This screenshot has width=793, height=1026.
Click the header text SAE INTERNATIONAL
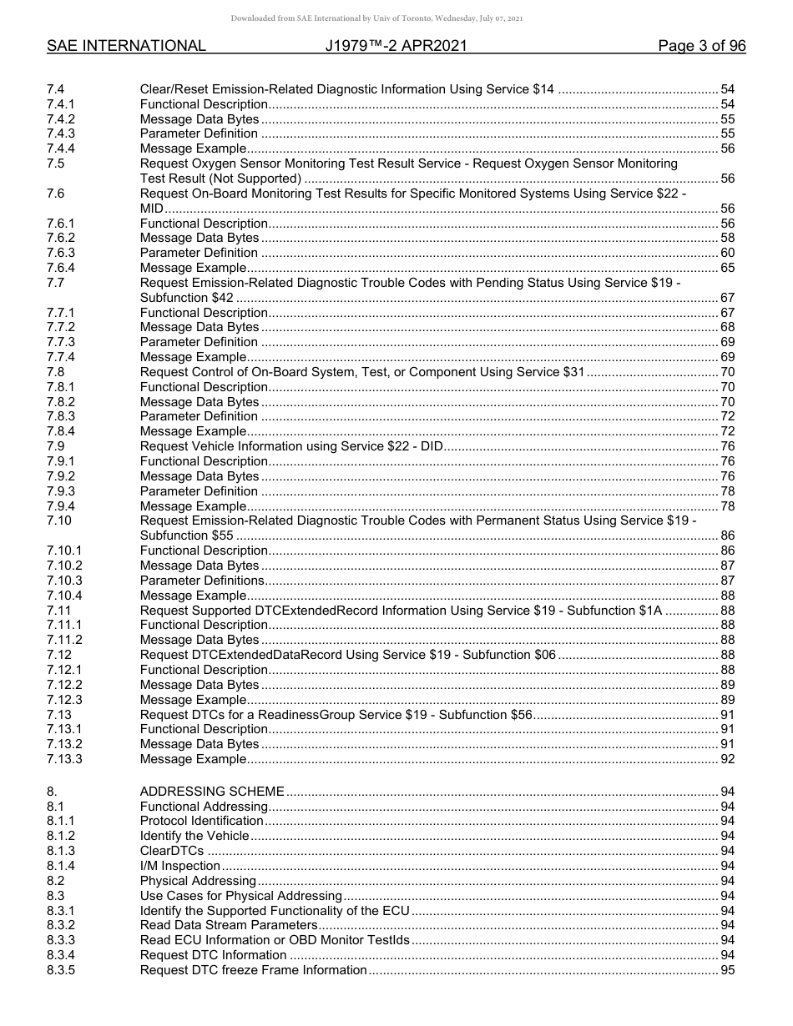click(126, 46)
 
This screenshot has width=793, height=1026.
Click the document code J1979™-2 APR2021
click(396, 46)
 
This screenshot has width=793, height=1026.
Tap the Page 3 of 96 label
click(701, 46)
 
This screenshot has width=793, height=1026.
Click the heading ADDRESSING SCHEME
click(212, 792)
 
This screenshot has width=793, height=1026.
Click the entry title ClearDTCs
click(171, 851)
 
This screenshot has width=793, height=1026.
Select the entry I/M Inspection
click(179, 866)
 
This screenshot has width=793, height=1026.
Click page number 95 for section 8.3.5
click(727, 970)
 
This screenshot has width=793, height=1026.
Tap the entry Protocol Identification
click(201, 821)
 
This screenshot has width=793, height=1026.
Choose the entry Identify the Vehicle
click(194, 836)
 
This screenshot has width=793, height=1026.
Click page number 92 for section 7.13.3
click(727, 759)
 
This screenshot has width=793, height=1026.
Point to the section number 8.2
click(57, 881)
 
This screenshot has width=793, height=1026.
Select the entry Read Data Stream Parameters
click(228, 925)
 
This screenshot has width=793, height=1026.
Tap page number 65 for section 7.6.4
click(727, 268)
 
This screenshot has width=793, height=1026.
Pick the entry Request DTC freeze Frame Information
click(253, 970)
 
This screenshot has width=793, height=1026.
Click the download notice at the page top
click(396, 18)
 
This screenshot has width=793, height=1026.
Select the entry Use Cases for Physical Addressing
click(240, 896)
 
